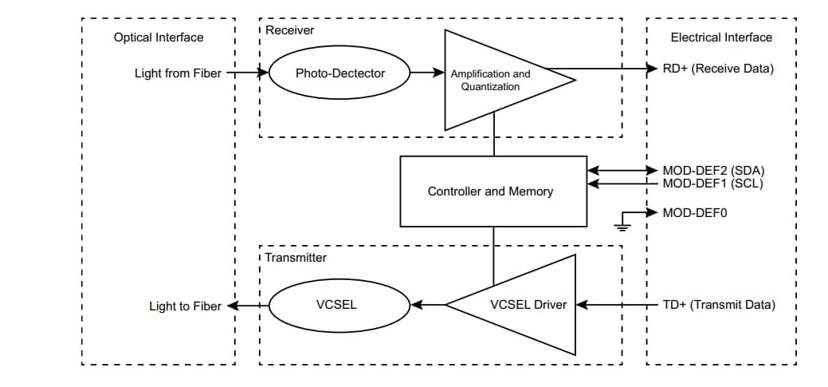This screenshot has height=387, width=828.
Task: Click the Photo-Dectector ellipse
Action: [x=340, y=73]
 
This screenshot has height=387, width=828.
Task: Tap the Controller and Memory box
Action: [x=490, y=192]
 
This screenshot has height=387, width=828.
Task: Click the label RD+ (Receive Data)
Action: [x=718, y=69]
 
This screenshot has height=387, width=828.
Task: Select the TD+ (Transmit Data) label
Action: [x=719, y=305]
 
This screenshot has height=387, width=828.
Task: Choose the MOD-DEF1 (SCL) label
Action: [x=713, y=184]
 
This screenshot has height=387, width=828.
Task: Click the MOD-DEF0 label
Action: [x=695, y=213]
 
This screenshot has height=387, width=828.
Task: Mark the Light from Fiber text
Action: [x=179, y=73]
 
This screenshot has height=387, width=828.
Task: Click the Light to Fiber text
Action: [x=186, y=306]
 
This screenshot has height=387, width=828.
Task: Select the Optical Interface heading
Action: [x=159, y=38]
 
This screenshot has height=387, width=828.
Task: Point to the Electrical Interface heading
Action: [x=721, y=38]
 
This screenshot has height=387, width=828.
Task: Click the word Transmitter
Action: [x=296, y=258]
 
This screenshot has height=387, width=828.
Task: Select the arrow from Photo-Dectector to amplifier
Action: [x=426, y=73]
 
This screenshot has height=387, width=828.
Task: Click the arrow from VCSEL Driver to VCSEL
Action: [x=427, y=305]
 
